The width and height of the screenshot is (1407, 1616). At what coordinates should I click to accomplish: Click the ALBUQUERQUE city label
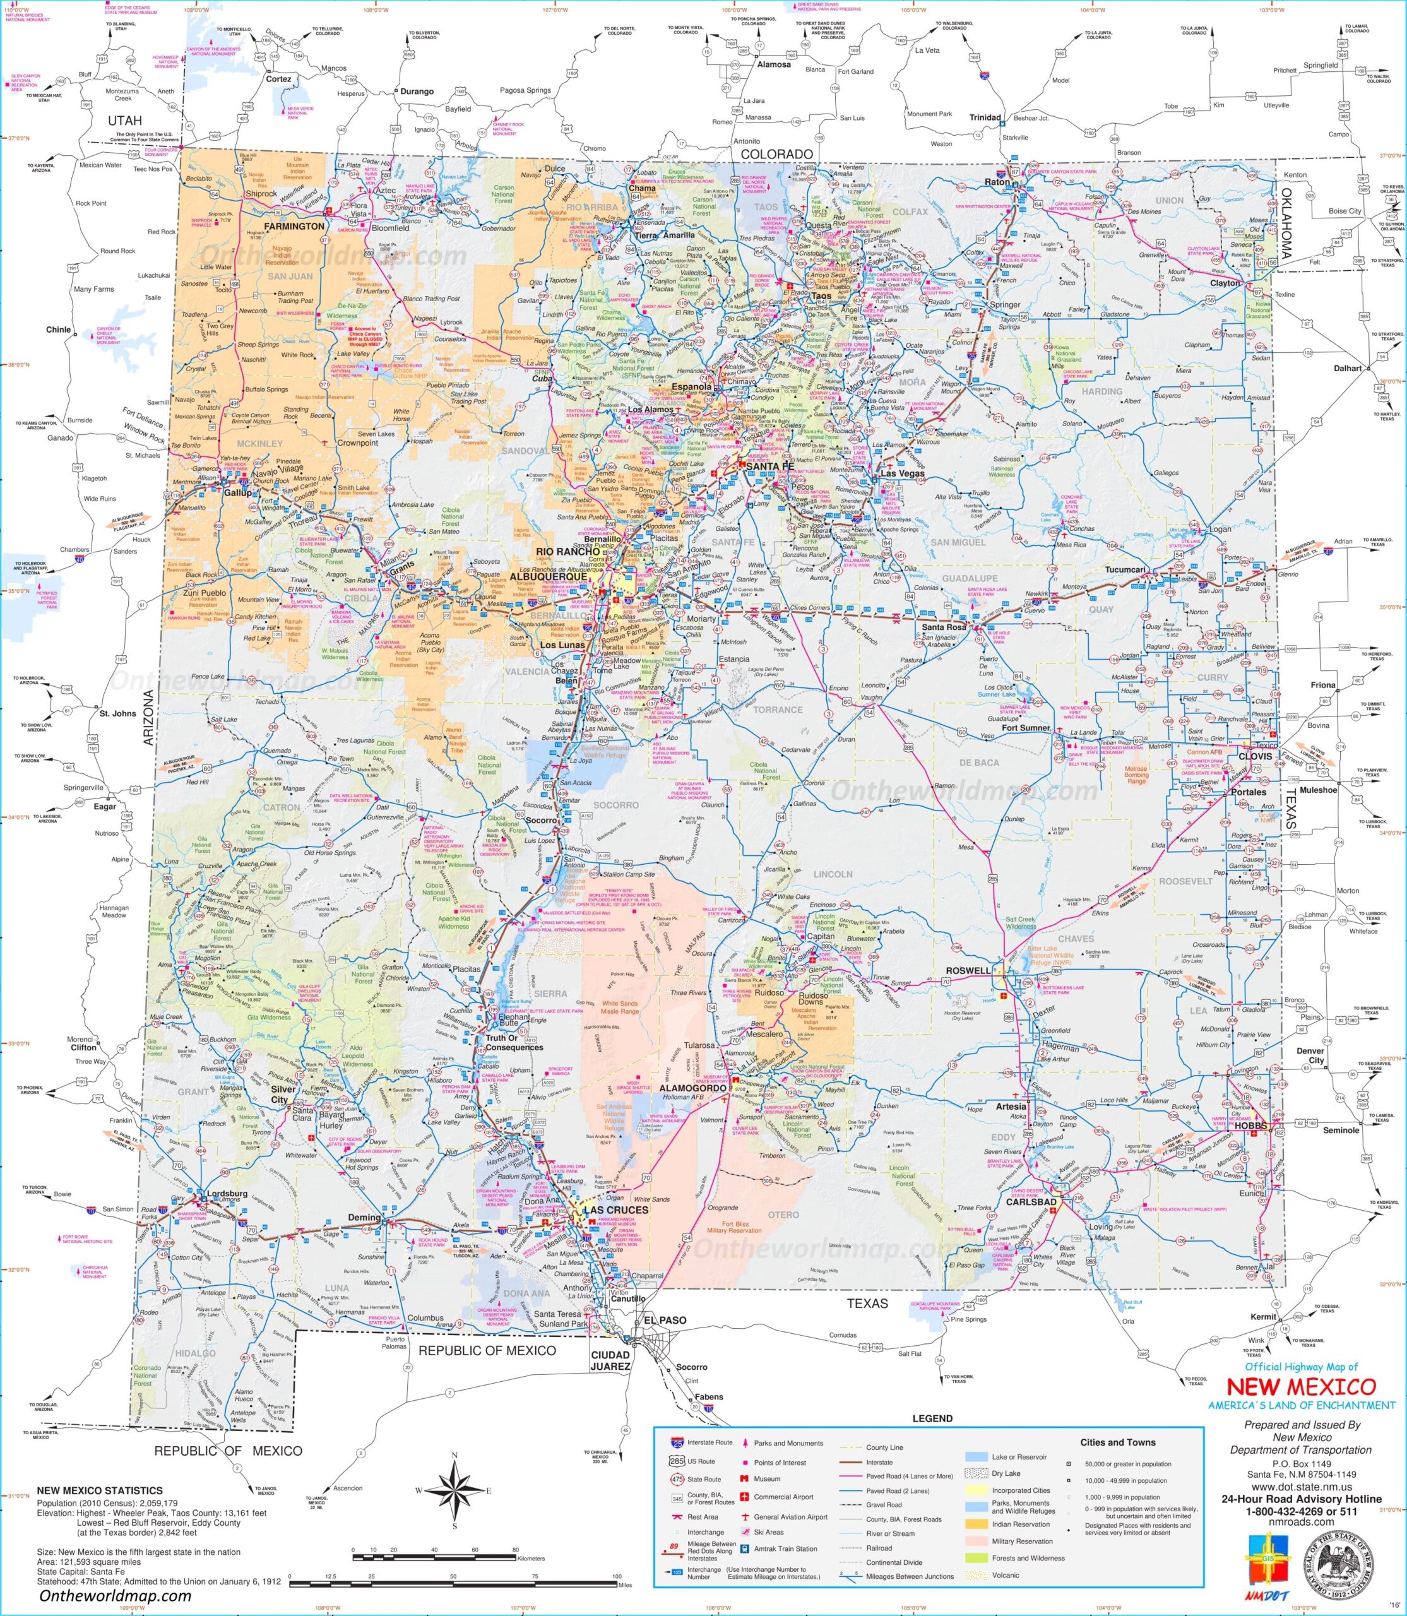(548, 576)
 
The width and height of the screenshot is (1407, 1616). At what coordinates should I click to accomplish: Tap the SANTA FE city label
(769, 466)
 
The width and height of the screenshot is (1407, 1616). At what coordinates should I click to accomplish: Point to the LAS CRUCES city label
(615, 1210)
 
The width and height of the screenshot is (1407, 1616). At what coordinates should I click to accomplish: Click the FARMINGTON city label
(294, 226)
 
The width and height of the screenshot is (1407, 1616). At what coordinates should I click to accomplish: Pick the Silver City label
(283, 1095)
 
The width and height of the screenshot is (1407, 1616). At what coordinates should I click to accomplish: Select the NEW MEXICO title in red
(1301, 1387)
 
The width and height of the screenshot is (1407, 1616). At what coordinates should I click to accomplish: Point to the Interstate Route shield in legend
(676, 1442)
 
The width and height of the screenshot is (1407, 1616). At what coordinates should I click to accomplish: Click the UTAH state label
(125, 120)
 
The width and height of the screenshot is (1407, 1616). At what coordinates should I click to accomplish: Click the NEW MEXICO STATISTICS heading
(100, 1490)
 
